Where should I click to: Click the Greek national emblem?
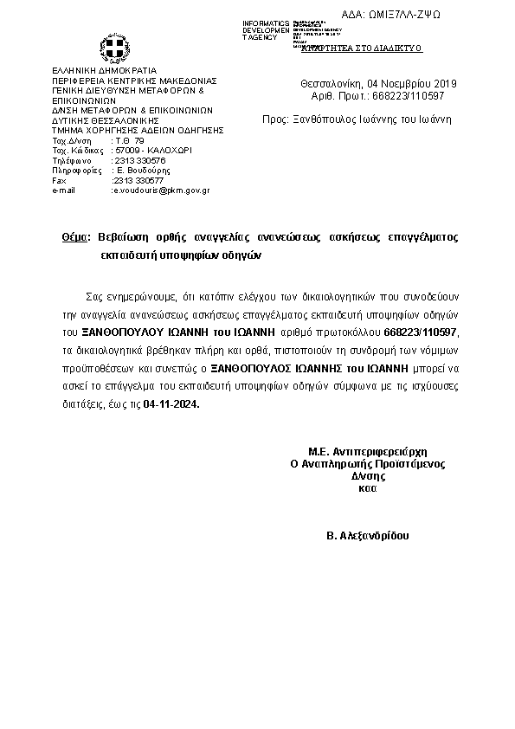point(113,47)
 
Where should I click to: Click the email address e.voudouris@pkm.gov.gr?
point(162,190)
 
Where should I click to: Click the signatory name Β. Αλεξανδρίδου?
point(368,536)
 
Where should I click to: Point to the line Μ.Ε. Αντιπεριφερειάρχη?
point(369,452)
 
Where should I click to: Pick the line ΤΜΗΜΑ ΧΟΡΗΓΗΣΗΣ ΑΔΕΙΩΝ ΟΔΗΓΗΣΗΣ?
point(138,130)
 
